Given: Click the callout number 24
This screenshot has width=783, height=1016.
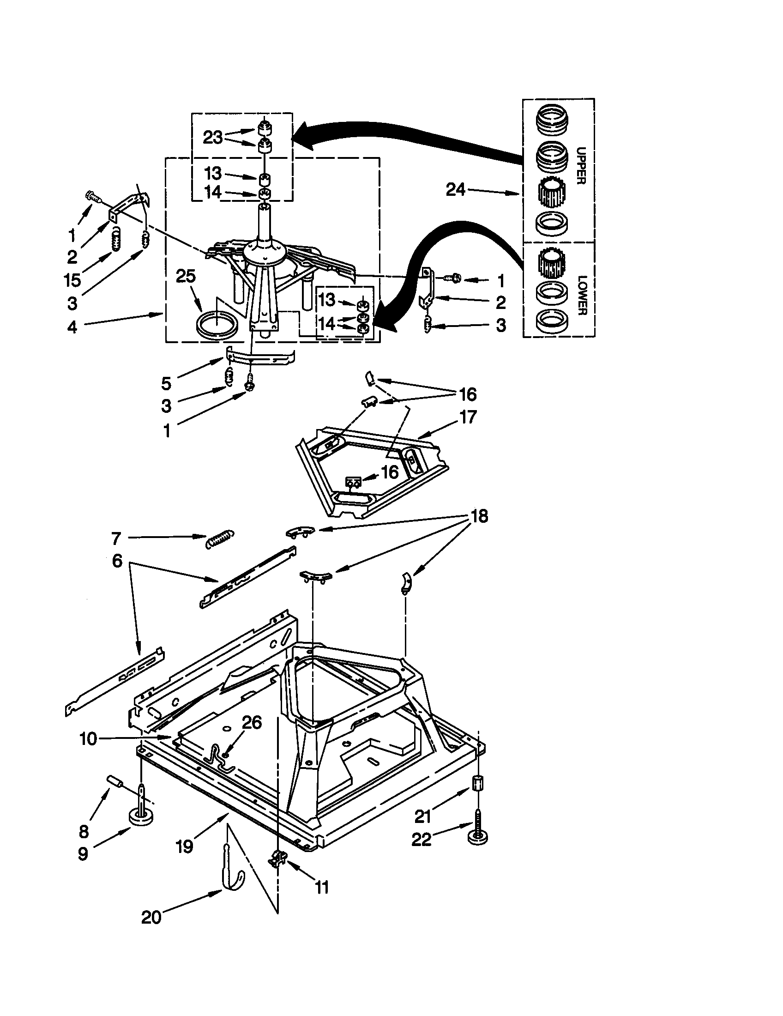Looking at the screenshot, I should [x=455, y=189].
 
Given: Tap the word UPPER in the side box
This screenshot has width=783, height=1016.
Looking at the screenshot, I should [x=581, y=166].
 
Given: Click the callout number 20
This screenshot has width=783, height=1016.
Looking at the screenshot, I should [x=151, y=917].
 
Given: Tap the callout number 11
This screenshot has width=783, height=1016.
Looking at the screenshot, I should [x=322, y=887].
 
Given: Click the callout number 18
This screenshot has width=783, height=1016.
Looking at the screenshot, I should [x=479, y=516].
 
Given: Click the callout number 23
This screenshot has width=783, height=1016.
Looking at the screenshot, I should [x=213, y=137].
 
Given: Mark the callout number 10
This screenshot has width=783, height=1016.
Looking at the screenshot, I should [x=88, y=739].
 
